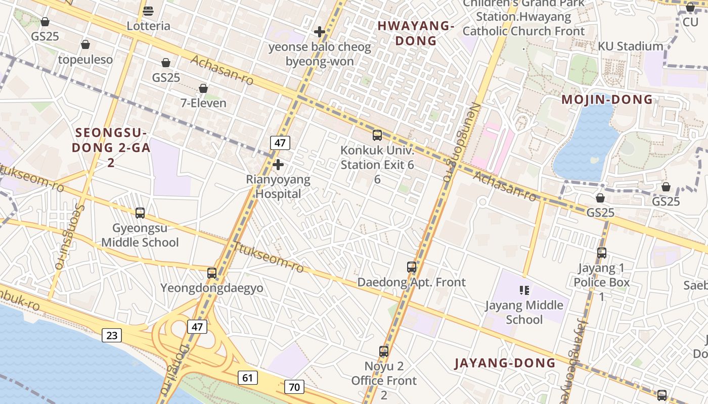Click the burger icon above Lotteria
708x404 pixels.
click(148, 11)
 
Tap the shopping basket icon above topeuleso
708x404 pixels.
click(85, 44)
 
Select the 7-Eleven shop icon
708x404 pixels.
click(203, 88)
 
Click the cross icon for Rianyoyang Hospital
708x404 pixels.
click(278, 165)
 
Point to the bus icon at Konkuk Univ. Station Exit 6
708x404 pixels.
click(377, 135)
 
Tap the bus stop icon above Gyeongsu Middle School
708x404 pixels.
click(140, 213)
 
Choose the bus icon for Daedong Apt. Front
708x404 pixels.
click(412, 267)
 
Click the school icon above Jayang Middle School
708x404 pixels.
click(524, 290)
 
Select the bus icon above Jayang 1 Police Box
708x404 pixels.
click(602, 252)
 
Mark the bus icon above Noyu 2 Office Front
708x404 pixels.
click(384, 351)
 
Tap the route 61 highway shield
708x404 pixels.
click(248, 377)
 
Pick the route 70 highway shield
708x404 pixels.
click(294, 387)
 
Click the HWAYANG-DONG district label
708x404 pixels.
click(415, 33)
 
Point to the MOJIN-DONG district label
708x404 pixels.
click(607, 99)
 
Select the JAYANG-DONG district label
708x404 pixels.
click(505, 363)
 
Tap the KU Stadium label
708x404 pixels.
click(630, 46)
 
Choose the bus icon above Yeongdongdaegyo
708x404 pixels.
click(212, 273)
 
